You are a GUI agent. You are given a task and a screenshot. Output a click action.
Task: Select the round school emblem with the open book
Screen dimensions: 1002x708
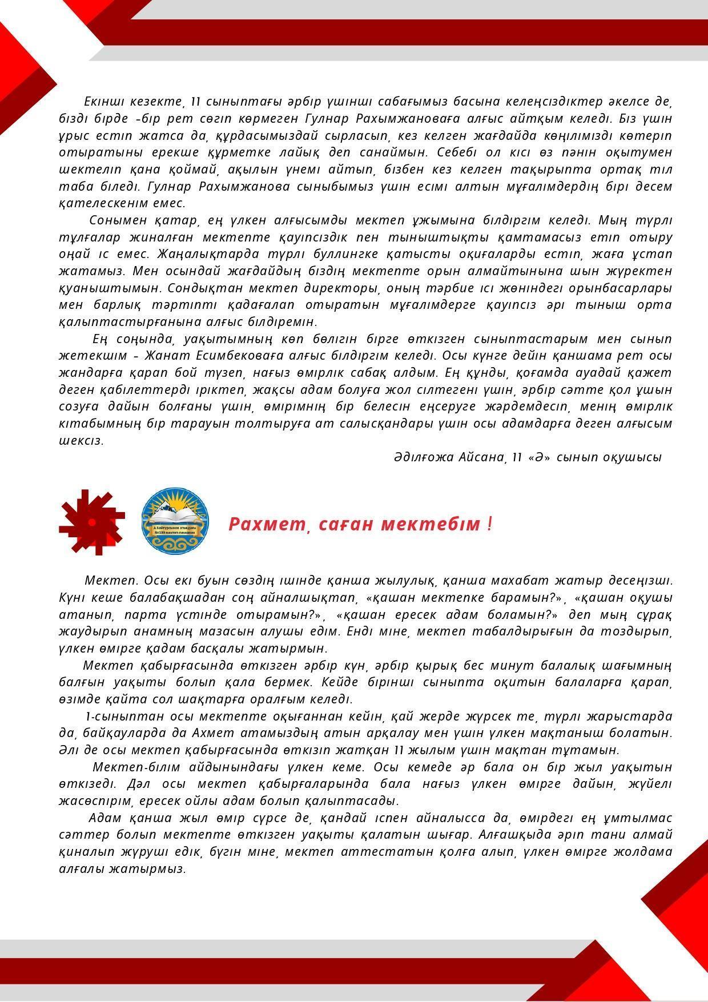[x=175, y=520]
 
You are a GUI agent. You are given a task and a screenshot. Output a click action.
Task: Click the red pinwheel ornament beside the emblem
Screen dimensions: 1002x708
[x=91, y=522]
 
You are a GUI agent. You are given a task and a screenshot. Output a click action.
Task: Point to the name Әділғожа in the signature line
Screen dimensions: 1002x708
[x=423, y=457]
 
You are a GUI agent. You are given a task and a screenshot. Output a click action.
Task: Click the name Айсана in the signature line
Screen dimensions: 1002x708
[x=481, y=457]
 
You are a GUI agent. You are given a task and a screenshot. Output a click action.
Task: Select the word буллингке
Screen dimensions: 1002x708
[x=352, y=253]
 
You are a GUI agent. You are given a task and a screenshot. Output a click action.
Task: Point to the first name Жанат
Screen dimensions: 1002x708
[x=167, y=356]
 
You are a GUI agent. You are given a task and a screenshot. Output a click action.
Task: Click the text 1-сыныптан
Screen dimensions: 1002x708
[x=116, y=716]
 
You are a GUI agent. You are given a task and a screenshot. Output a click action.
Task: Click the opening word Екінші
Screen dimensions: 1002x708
[x=100, y=102]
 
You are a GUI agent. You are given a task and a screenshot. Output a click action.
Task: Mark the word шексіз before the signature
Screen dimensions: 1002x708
[x=81, y=441]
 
